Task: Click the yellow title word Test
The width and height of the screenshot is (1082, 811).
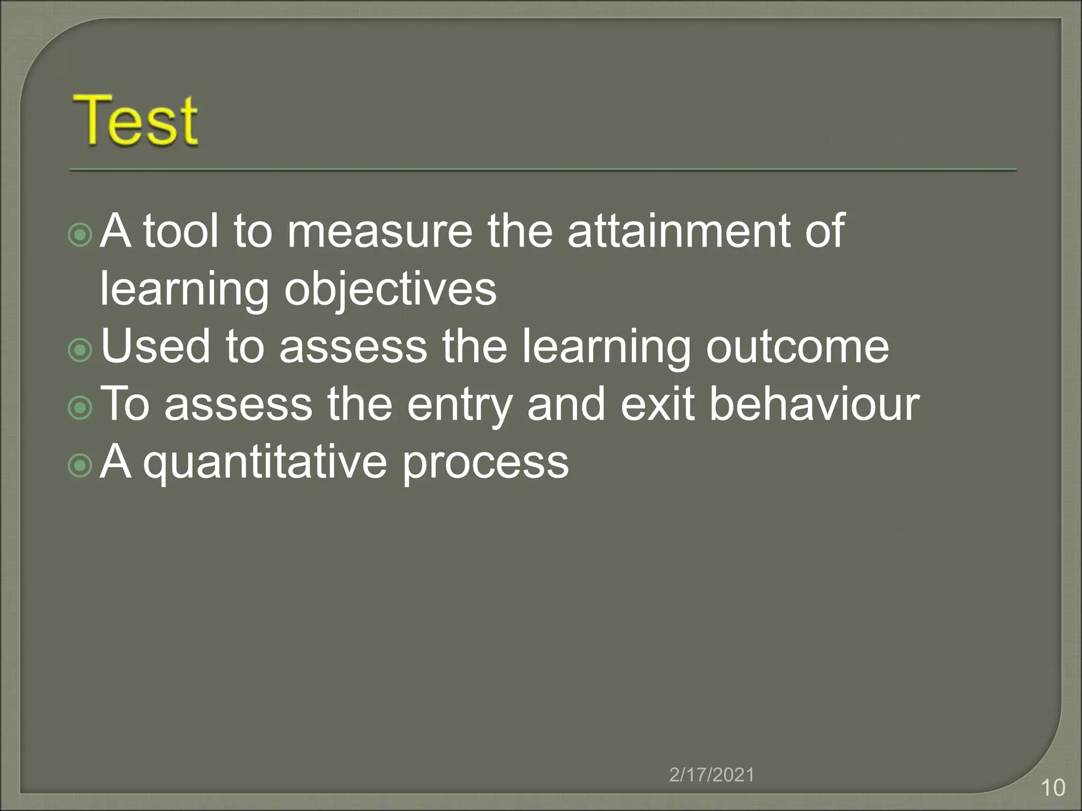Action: (135, 120)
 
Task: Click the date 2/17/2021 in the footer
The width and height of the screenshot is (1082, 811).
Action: (712, 775)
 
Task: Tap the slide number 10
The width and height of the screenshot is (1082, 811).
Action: (1052, 788)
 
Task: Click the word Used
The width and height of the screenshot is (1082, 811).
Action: (156, 346)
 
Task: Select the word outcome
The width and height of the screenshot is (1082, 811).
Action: (797, 346)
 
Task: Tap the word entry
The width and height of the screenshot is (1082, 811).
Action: (460, 404)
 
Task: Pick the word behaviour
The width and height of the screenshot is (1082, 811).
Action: (814, 404)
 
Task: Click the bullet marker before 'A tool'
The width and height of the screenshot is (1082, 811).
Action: (80, 234)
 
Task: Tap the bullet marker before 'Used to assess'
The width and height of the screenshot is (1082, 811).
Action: (80, 350)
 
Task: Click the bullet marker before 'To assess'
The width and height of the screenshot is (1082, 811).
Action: (80, 408)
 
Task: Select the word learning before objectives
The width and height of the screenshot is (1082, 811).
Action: (184, 289)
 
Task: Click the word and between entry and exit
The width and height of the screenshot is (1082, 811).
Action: (566, 404)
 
